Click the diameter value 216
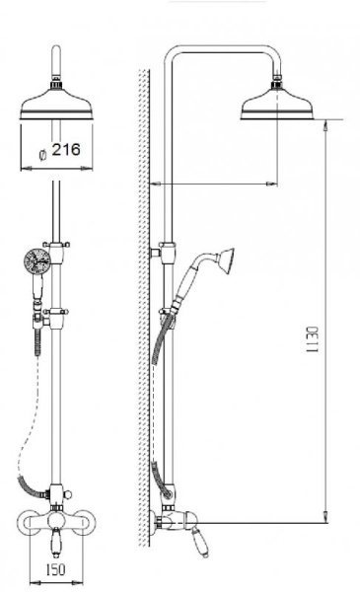click(66, 150)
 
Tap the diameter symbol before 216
click(43, 154)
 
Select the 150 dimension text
click(55, 569)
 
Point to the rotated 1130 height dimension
click(312, 339)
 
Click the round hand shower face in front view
click(36, 260)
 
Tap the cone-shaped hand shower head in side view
click(225, 260)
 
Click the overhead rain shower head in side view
click(277, 105)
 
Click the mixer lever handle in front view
click(56, 542)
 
